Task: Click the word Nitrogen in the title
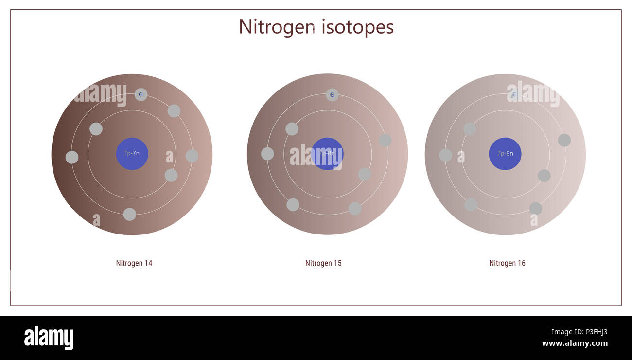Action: pyautogui.click(x=276, y=27)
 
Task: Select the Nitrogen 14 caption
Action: pyautogui.click(x=134, y=263)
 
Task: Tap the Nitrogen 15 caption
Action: pyautogui.click(x=323, y=263)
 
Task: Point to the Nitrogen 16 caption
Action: pyautogui.click(x=507, y=263)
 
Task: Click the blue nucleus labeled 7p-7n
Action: pyautogui.click(x=132, y=154)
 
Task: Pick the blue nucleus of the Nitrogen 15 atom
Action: pyautogui.click(x=327, y=154)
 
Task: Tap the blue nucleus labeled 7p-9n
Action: pyautogui.click(x=505, y=154)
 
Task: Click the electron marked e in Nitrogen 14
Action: pyautogui.click(x=141, y=94)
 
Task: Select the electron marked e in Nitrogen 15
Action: pyautogui.click(x=332, y=95)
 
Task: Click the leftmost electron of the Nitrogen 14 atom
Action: pyautogui.click(x=72, y=157)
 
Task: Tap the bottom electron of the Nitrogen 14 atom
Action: pyautogui.click(x=129, y=215)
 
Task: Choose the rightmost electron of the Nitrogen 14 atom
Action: pyautogui.click(x=192, y=156)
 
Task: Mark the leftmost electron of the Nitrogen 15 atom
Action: pyautogui.click(x=267, y=154)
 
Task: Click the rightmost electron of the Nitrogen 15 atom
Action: pyautogui.click(x=385, y=140)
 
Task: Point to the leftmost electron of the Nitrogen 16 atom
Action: pyautogui.click(x=445, y=155)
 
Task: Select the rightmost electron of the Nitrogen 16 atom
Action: pyautogui.click(x=564, y=140)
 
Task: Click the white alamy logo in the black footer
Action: pyautogui.click(x=49, y=338)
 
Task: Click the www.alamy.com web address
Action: pyautogui.click(x=575, y=343)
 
